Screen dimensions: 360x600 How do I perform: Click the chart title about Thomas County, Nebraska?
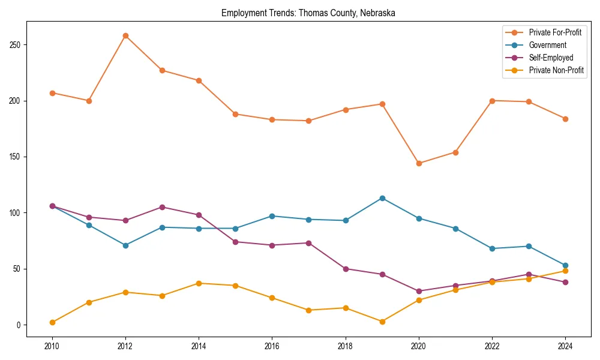(308, 13)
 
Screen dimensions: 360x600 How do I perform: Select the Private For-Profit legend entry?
(555, 32)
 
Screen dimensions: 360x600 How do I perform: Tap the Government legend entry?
(547, 45)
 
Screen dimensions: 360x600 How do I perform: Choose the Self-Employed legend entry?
(551, 58)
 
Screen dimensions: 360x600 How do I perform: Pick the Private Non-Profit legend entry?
(556, 70)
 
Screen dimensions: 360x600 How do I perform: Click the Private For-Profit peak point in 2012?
(125, 35)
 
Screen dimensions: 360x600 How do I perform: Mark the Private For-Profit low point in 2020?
(418, 163)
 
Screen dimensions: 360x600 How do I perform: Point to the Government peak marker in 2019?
(382, 198)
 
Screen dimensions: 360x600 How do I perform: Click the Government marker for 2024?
(565, 265)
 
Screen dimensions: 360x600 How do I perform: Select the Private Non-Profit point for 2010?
(52, 322)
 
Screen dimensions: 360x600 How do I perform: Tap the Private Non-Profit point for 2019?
(382, 322)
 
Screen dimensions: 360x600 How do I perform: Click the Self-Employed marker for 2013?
(162, 207)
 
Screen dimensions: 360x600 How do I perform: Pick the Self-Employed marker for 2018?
(346, 269)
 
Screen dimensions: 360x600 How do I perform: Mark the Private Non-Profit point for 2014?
(199, 283)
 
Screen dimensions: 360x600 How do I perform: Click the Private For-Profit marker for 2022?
(492, 101)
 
